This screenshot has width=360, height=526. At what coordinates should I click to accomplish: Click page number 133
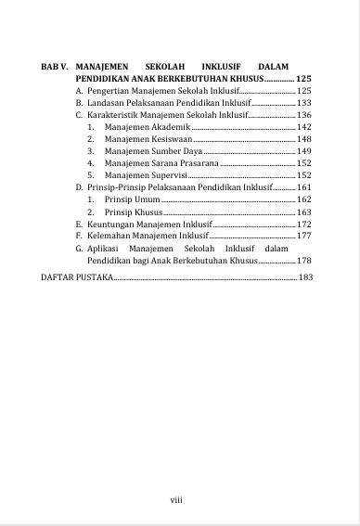coord(302,103)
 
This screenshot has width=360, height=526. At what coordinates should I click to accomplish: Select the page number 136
coord(302,114)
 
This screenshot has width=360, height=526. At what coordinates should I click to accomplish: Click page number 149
coord(302,150)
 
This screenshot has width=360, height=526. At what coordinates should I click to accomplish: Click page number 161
coord(302,187)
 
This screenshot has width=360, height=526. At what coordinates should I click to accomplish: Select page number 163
coord(302,212)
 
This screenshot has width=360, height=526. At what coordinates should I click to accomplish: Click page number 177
coord(302,237)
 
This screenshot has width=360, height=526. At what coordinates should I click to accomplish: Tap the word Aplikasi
coord(102,250)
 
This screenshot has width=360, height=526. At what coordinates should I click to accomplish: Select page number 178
coord(302,262)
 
